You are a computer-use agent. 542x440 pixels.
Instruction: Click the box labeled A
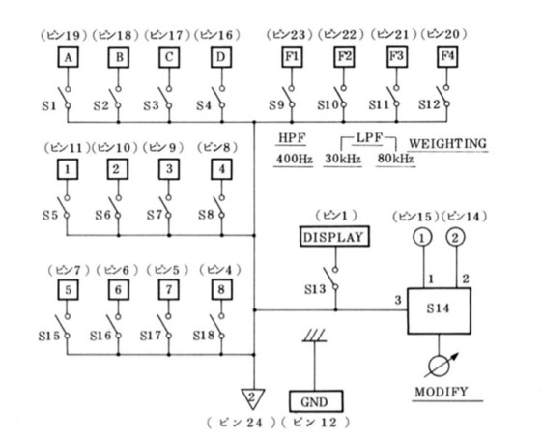pyautogui.click(x=68, y=57)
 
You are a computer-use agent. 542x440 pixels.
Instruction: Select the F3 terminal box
pyautogui.click(x=396, y=56)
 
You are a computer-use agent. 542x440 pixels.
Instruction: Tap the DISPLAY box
pyautogui.click(x=334, y=237)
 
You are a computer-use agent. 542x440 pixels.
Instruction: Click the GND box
pyautogui.click(x=316, y=401)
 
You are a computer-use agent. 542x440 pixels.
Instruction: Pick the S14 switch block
pyautogui.click(x=439, y=310)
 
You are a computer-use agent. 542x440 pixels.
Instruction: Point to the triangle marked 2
pyautogui.click(x=253, y=398)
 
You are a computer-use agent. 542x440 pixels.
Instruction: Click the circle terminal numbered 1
pyautogui.click(x=422, y=238)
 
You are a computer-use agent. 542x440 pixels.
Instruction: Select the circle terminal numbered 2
pyautogui.click(x=456, y=238)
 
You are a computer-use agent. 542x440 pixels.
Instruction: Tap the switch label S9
pyautogui.click(x=276, y=104)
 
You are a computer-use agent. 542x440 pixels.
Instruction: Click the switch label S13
pyautogui.click(x=315, y=289)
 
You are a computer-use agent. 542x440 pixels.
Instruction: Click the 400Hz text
pyautogui.click(x=294, y=160)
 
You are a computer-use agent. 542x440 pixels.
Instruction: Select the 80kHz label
pyautogui.click(x=395, y=159)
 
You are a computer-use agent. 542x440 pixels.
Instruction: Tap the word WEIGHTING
pyautogui.click(x=447, y=143)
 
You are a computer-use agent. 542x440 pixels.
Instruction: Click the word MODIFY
pyautogui.click(x=442, y=392)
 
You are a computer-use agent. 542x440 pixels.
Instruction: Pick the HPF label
pyautogui.click(x=293, y=138)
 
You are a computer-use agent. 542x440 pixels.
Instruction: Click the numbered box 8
pyautogui.click(x=221, y=289)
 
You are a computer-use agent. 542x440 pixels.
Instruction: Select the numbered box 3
pyautogui.click(x=169, y=169)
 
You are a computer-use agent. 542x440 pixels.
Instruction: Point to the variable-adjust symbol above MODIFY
pyautogui.click(x=440, y=366)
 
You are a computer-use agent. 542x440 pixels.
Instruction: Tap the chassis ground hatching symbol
pyautogui.click(x=314, y=336)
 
